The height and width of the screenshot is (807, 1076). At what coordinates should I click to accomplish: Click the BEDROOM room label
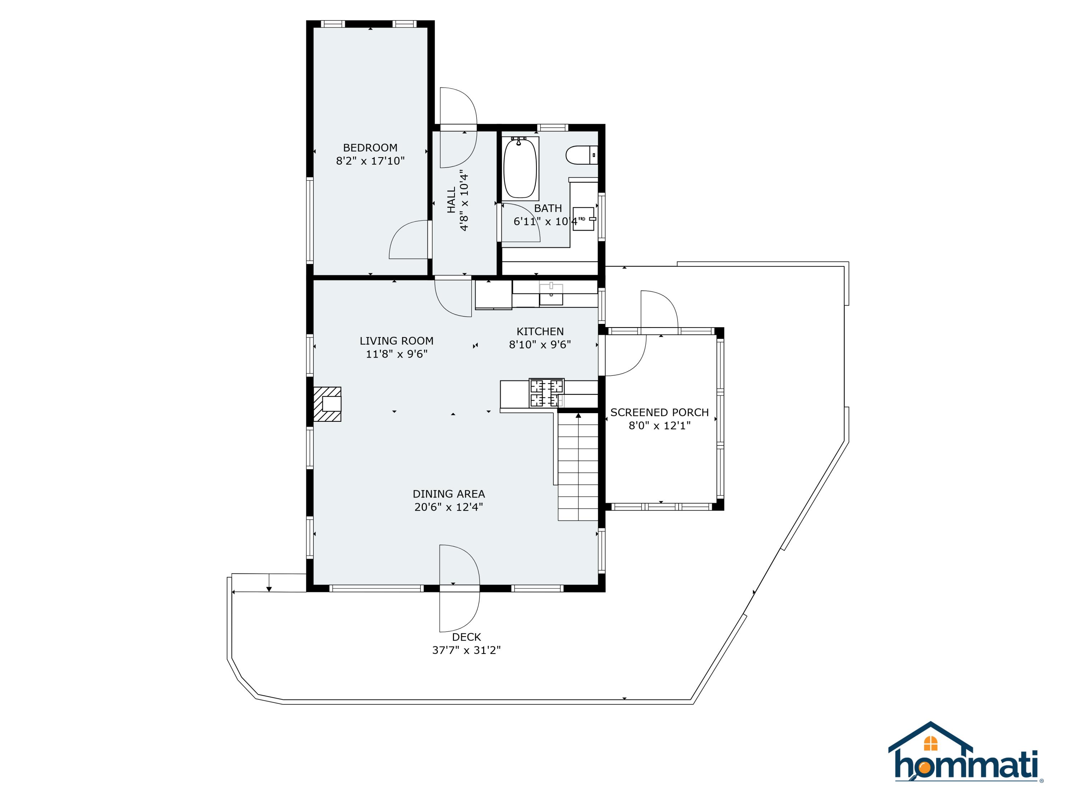370,147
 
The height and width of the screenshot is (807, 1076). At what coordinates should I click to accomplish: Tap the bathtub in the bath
520,168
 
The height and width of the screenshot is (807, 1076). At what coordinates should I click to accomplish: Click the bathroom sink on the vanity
583,219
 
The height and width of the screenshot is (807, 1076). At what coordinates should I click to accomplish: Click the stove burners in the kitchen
547,393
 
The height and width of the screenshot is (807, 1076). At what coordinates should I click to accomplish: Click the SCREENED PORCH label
659,412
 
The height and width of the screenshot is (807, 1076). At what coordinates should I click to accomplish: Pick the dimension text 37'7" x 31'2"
466,650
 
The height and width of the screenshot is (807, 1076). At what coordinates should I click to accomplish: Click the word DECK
466,637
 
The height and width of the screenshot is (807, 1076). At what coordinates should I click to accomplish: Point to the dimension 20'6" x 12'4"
448,507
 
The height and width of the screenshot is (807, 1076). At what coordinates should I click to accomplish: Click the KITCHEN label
540,331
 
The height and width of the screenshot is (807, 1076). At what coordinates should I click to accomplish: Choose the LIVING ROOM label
396,340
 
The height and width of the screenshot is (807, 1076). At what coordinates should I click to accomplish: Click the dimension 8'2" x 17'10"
370,161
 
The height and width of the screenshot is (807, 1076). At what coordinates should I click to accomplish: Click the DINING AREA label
448,494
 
